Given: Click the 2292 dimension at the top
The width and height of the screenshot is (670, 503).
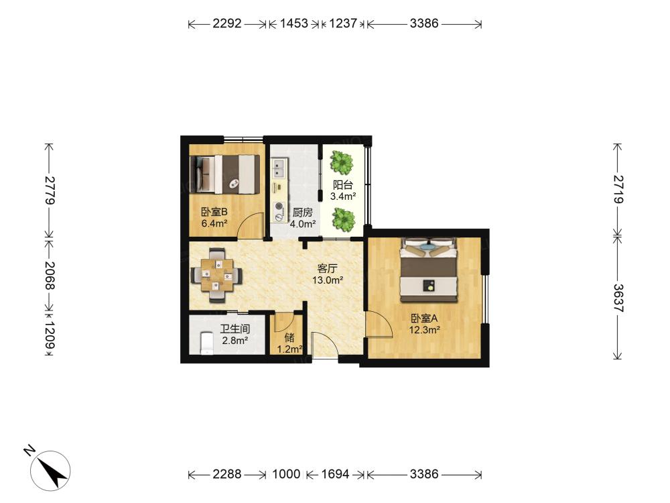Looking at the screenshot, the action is [227, 23].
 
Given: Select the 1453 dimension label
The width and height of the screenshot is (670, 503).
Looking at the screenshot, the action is [294, 23].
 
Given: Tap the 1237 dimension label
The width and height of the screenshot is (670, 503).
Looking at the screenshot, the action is [342, 23].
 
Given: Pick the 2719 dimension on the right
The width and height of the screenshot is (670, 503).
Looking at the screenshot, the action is [618, 188].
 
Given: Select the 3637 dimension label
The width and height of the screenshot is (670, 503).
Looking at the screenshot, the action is [618, 298].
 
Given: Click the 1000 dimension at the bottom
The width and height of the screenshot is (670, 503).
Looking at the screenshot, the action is [286, 474].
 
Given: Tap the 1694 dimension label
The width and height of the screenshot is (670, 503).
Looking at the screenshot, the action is [335, 474].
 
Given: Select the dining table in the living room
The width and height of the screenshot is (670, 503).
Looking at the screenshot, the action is [217, 275].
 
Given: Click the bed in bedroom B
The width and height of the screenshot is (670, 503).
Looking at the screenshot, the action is [225, 174].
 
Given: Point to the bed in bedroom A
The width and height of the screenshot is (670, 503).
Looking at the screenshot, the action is [429, 270].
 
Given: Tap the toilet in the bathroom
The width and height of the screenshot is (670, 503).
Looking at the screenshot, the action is [207, 343].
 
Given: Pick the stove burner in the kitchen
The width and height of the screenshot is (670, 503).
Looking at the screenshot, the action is [279, 211].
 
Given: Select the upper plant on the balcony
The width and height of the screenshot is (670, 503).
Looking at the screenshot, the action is [342, 162].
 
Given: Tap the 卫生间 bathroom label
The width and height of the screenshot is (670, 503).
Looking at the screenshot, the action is [235, 329].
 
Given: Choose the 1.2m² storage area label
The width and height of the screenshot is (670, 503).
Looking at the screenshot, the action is [290, 349].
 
